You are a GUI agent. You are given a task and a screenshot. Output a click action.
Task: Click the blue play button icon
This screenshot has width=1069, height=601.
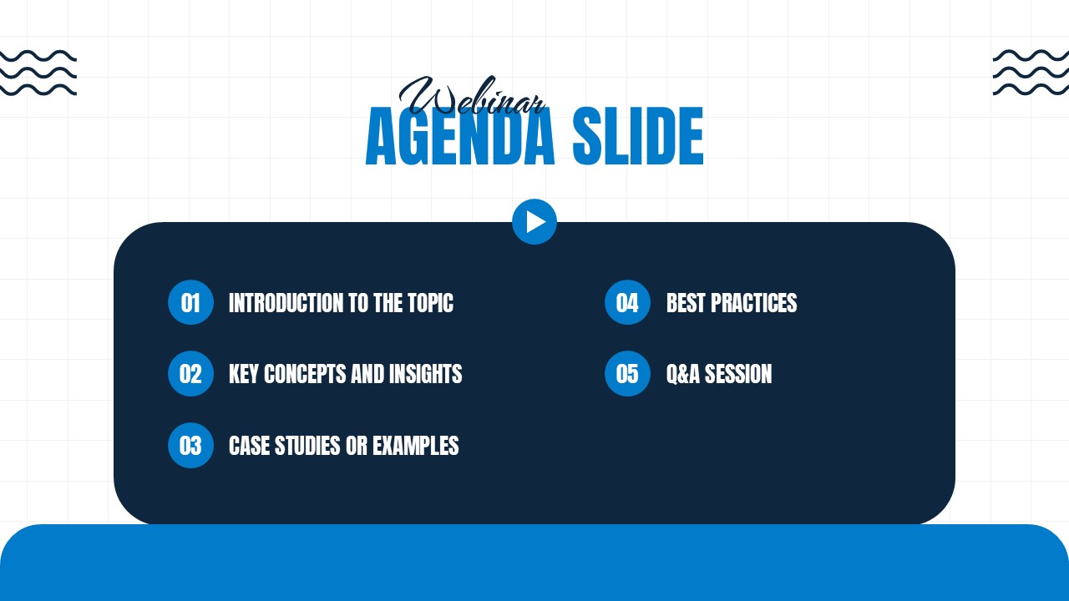534,222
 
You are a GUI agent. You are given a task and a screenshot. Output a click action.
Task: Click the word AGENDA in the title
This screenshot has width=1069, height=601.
460,139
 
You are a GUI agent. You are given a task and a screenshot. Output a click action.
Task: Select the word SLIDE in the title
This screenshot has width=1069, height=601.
638,139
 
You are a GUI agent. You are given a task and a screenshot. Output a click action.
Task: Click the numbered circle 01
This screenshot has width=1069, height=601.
190,302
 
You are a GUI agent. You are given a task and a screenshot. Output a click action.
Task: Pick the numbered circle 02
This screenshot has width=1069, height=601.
190,374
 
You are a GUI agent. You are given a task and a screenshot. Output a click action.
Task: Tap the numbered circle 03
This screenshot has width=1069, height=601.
190,446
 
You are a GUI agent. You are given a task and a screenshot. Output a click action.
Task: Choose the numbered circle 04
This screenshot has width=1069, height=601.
627,302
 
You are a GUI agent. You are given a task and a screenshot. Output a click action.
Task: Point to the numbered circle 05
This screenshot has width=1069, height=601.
627,374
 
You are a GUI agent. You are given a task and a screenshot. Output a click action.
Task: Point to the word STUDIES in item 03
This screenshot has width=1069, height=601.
304,447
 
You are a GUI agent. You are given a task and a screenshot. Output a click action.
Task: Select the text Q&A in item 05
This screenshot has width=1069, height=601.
683,375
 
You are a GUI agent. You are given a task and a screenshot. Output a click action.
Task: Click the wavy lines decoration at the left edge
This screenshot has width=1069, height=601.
38,73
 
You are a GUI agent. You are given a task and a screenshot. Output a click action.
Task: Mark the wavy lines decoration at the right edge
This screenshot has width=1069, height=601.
1031,73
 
